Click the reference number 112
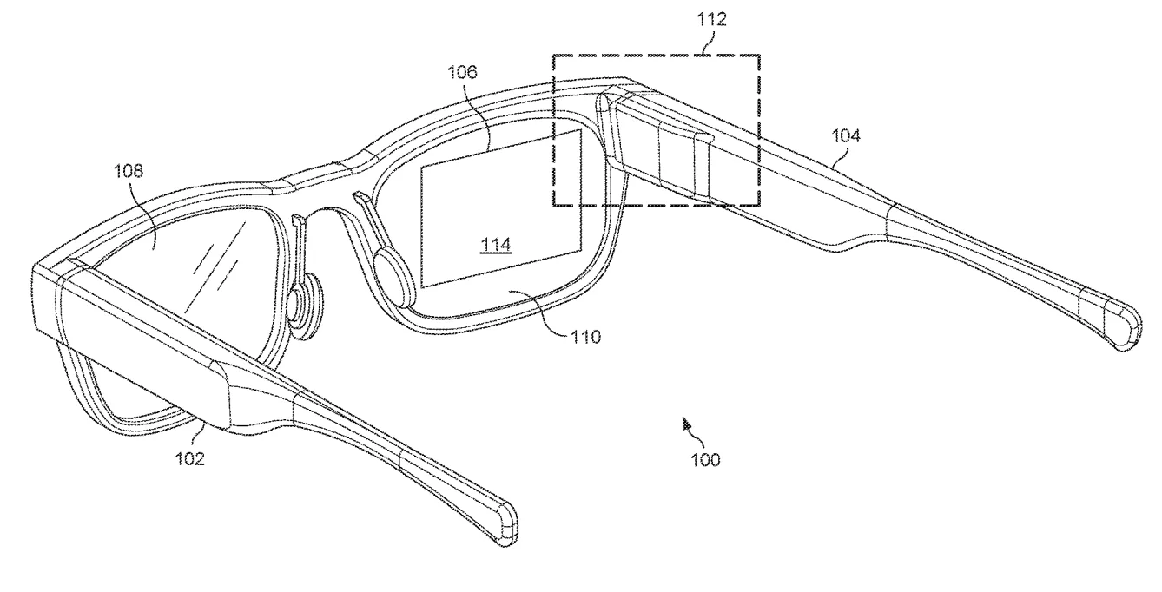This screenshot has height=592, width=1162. tap(711, 19)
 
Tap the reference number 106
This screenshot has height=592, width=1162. tap(462, 72)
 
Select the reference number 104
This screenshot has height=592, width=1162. tap(846, 135)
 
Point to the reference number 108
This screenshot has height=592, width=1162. tap(129, 170)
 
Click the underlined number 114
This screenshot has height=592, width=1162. tap(495, 245)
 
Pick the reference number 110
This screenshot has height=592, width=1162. tap(585, 338)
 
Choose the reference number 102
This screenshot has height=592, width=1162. tap(190, 459)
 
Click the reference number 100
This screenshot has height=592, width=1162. tap(705, 460)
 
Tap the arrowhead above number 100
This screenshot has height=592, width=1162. tap(686, 424)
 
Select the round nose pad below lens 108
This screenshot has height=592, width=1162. tap(306, 305)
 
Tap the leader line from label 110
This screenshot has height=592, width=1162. tap(538, 310)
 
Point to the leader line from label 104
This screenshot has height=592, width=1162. tap(841, 155)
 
